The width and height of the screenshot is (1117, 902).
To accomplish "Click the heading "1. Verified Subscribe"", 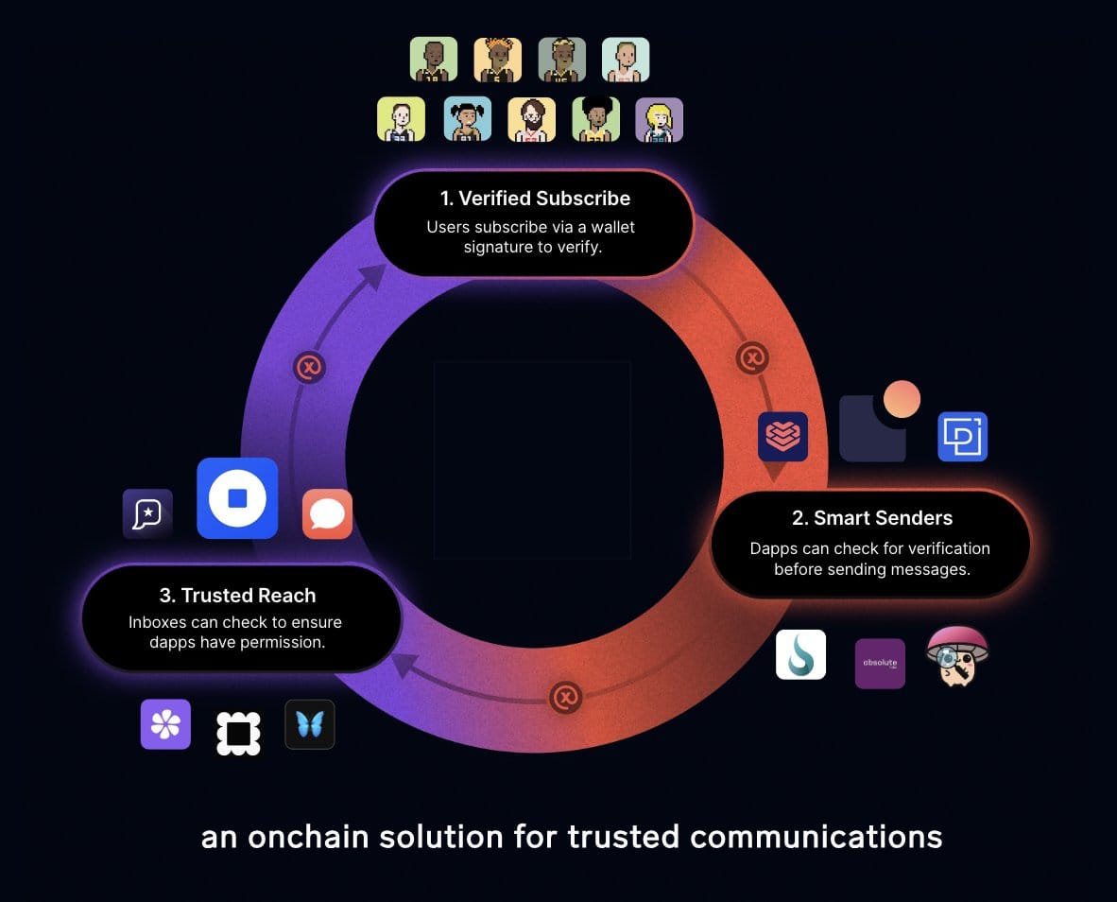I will click(x=535, y=199).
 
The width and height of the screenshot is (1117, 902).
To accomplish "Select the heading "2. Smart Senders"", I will click(x=871, y=518).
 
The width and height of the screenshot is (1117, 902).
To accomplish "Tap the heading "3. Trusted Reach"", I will click(x=237, y=596).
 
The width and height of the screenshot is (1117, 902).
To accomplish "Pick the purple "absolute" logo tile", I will click(x=880, y=664).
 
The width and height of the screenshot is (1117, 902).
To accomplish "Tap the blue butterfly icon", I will click(x=310, y=724).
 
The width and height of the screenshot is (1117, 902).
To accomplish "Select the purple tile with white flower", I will click(x=165, y=724).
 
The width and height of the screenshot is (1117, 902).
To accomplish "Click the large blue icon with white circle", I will click(x=237, y=498).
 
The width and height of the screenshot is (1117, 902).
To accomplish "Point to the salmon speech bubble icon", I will click(x=327, y=514).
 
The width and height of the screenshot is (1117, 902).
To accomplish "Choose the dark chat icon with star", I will click(x=147, y=513).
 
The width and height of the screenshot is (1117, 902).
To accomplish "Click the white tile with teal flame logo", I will click(x=800, y=654).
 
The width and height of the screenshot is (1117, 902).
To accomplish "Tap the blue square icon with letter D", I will click(x=962, y=437).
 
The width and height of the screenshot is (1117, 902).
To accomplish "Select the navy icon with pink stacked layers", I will click(x=782, y=437).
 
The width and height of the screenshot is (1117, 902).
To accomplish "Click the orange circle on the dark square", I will click(x=901, y=400).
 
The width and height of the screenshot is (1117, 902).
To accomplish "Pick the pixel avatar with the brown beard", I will click(x=531, y=120).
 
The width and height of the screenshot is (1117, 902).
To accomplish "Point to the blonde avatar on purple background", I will click(x=659, y=120).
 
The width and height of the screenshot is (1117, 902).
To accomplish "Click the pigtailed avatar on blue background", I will click(x=467, y=120).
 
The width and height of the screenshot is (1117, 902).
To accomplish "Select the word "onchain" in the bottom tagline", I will click(x=319, y=837).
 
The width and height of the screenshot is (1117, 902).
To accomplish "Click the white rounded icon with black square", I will click(x=238, y=733).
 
